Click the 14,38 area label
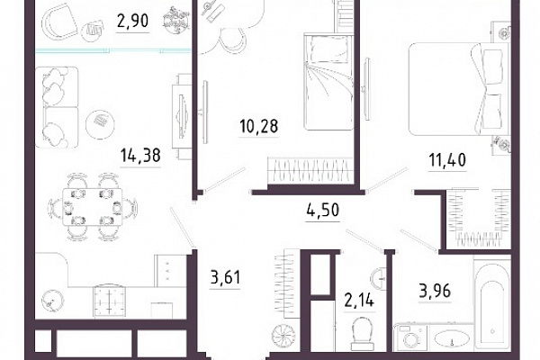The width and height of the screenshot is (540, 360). point(140,156)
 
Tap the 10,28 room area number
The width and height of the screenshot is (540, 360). point(258,126)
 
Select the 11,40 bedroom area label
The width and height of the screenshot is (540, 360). point(447,160)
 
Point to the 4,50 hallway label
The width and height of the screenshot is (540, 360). point(323,210)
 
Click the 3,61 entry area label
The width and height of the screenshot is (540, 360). point(225,277)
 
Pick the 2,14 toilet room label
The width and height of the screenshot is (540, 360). point(359,301)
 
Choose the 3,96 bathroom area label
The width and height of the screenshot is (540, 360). point(435,292)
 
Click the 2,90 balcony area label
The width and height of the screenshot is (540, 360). point(133,21)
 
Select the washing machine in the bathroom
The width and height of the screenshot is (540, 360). point(411,337)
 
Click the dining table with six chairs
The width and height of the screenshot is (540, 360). point(93,207)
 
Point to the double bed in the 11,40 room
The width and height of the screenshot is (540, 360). point(459,89)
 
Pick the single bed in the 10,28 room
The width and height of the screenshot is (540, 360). point(328,82)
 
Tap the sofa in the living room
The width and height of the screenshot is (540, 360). point(57,107)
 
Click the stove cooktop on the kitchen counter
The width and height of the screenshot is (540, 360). point(109,301)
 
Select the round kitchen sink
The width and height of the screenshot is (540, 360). point(52,301)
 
